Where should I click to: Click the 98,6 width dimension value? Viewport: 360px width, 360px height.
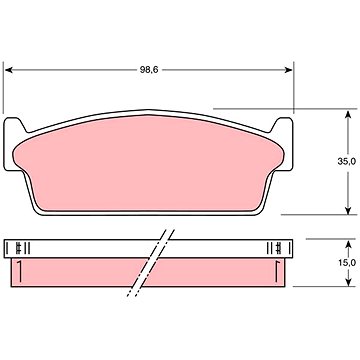[x=148, y=70]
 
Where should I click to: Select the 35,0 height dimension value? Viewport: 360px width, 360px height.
[x=346, y=161]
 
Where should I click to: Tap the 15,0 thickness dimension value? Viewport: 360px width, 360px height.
[x=347, y=262]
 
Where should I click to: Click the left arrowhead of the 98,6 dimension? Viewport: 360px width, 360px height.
[x=9, y=70]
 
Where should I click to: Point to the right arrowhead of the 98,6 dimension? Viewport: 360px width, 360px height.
[x=288, y=70]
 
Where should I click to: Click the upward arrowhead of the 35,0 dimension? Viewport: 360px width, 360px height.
[x=348, y=115]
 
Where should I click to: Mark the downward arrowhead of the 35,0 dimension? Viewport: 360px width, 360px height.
[x=348, y=210]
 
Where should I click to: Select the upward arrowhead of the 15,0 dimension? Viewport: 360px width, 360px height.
[x=348, y=245]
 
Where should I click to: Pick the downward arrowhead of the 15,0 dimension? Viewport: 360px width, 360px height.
[x=348, y=282]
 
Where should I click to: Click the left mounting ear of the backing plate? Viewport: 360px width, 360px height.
[x=13, y=143]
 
